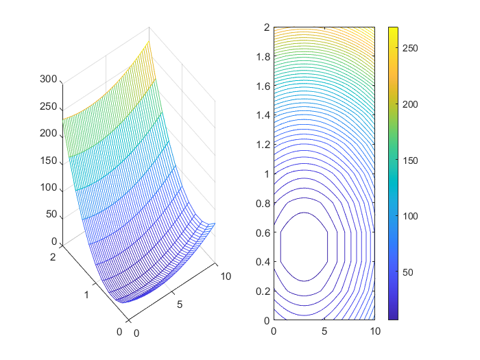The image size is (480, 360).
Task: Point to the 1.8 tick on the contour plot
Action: click(261, 57)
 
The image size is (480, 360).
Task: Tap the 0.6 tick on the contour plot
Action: click(261, 232)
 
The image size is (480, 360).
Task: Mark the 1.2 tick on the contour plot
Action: click(261, 145)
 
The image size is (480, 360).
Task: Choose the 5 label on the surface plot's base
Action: click(180, 304)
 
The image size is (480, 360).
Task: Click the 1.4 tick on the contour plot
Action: click(261, 115)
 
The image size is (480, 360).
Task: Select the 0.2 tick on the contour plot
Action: click(261, 291)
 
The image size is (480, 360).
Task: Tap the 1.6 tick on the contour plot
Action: click(261, 86)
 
